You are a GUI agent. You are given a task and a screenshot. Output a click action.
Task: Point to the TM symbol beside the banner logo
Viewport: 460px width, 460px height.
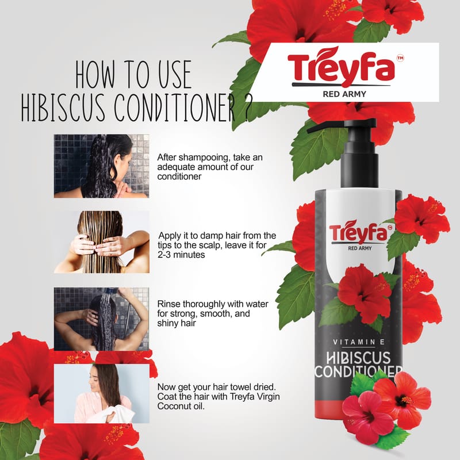[400, 58]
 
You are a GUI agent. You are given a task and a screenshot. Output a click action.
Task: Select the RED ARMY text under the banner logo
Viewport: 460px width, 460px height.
[344, 94]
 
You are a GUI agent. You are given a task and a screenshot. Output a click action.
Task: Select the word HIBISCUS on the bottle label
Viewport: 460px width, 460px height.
[358, 358]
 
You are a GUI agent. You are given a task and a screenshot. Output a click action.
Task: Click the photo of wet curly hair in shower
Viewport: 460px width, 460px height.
[102, 166]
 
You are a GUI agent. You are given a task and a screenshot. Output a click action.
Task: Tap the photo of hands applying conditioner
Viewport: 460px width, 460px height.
[102, 242]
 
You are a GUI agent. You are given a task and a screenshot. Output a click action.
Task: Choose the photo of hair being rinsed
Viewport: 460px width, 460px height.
[102, 319]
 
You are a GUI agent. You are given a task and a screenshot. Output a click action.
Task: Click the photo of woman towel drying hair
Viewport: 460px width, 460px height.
[102, 393]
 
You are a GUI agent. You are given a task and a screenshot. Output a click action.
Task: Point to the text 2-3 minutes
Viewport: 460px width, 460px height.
[181, 255]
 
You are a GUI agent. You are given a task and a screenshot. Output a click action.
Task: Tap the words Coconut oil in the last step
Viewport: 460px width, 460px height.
[181, 407]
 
